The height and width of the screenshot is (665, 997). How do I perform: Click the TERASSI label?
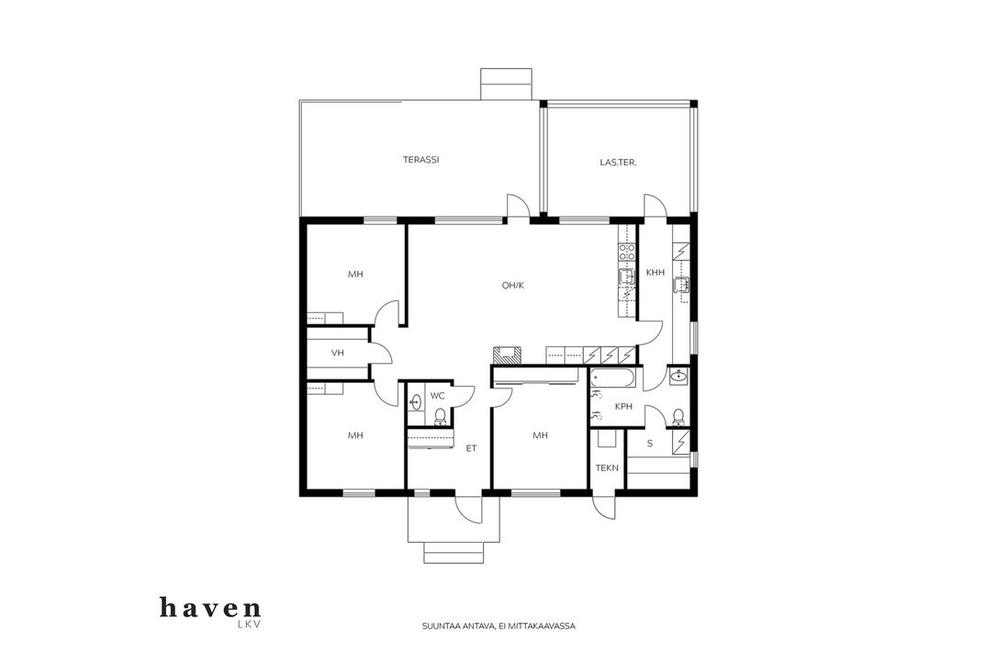(421, 160)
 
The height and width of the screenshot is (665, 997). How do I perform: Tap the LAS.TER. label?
(618, 163)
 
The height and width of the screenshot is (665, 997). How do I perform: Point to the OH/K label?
(512, 285)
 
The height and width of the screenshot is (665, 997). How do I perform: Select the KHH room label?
(655, 273)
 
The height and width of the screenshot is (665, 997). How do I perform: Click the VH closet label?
(338, 353)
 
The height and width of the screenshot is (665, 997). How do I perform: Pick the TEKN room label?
(607, 468)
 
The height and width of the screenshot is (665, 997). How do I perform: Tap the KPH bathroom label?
(623, 406)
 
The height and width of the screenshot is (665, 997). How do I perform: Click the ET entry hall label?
(471, 448)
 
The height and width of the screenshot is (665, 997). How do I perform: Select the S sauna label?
(650, 444)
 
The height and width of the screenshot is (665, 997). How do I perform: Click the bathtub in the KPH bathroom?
(613, 378)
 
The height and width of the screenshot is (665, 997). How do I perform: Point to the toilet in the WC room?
(440, 417)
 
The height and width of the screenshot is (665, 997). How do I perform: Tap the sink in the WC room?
(415, 402)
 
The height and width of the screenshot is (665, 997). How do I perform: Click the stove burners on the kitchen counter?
(627, 252)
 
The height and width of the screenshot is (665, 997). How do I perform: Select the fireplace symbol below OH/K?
(508, 355)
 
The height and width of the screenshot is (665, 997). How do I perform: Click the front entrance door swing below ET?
(468, 510)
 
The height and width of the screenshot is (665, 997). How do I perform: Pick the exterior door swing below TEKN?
(604, 508)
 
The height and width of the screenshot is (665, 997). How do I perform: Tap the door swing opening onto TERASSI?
(517, 206)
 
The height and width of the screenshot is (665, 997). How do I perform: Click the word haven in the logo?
(210, 608)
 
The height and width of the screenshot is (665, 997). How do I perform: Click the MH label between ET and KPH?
(540, 435)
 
